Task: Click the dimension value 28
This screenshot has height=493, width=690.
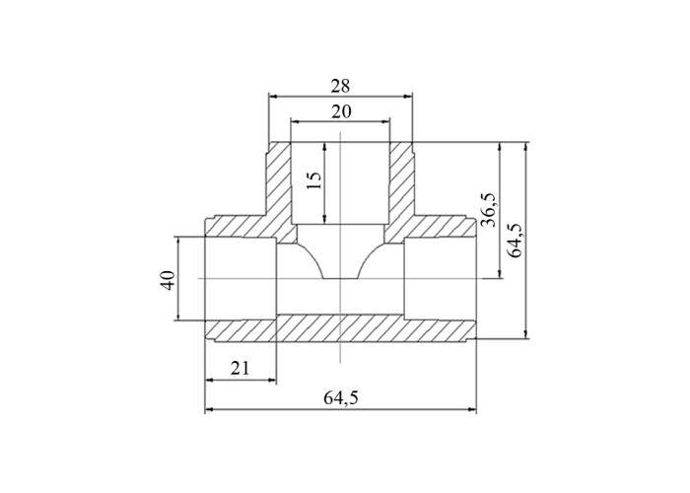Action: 340,86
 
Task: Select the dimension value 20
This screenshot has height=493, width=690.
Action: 341,111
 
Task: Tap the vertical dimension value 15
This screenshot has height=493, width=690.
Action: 314,180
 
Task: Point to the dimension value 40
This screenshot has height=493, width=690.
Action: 168,280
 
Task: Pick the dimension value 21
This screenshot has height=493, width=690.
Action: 241,368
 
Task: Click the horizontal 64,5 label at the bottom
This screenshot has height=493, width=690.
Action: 341,398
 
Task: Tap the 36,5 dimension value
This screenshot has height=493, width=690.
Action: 489,210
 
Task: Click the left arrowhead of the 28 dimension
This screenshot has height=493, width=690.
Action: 272,97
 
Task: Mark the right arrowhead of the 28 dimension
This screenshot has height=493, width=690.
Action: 408,97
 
